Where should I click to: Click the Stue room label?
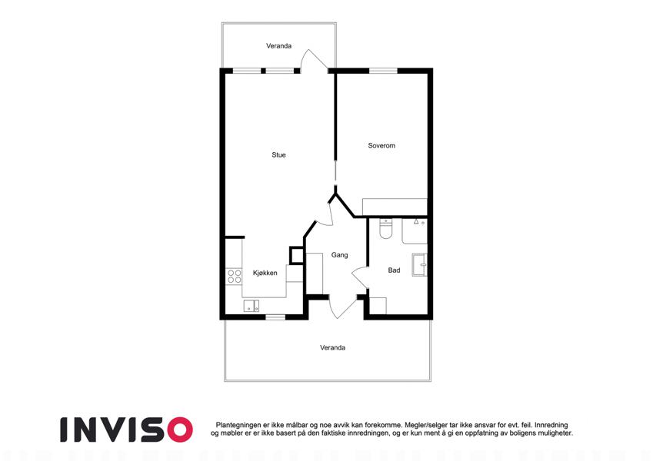pos(278,154)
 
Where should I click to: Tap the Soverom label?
pos(381,146)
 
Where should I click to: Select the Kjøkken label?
pos(265,273)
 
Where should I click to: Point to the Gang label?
pos(339,255)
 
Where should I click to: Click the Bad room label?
pos(394,270)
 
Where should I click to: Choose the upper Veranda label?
pos(278,46)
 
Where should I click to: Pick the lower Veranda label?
pos(332,347)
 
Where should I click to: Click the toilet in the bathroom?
pos(385,229)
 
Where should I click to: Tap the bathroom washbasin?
pos(419,264)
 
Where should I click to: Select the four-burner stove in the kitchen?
pos(234,277)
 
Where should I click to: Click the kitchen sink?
pos(251,306)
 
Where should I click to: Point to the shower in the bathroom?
pos(415,231)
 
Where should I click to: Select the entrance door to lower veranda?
pos(342,307)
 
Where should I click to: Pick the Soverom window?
pos(383,71)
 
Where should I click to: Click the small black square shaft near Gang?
pos(297,255)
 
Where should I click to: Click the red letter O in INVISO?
pos(179,429)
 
